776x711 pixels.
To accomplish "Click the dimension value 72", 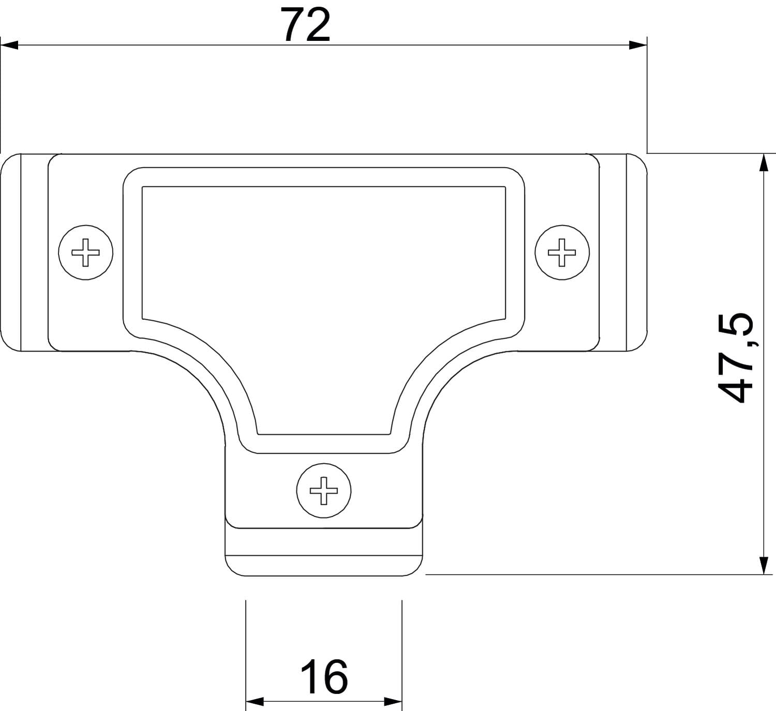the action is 306,24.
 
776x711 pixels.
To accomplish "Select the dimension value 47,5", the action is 735,358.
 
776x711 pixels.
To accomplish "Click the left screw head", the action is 85,253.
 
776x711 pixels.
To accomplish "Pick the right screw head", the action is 562,253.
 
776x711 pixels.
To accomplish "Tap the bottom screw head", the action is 324,491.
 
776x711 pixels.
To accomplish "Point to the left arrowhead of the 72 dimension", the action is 9,45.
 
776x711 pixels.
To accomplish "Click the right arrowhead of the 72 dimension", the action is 638,45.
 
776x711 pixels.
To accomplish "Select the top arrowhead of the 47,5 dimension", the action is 764,162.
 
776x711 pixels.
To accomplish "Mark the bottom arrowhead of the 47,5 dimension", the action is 764,566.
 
